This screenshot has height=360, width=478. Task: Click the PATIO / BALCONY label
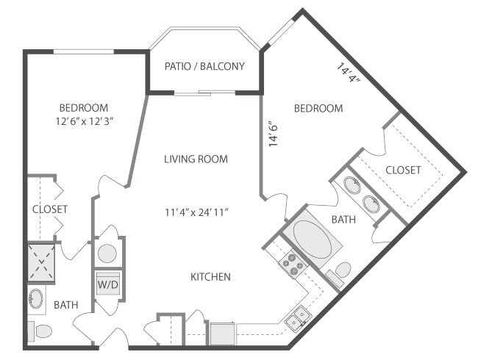(204, 67)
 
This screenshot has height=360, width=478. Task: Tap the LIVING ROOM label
(196, 159)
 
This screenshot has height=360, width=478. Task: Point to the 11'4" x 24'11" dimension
(196, 213)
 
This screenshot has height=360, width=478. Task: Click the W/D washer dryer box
(107, 283)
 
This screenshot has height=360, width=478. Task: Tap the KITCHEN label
(211, 277)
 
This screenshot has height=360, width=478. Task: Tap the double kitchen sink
(299, 317)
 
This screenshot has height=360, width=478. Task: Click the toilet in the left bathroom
(41, 331)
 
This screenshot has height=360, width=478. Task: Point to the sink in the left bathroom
(37, 299)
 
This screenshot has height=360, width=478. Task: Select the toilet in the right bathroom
(341, 271)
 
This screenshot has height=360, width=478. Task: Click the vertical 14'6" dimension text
(273, 134)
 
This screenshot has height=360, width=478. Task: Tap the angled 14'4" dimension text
(349, 74)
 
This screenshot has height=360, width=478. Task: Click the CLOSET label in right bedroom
(403, 170)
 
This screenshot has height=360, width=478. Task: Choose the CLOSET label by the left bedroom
(50, 209)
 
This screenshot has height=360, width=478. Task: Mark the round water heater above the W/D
(107, 253)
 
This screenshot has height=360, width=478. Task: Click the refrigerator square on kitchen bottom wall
(222, 334)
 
